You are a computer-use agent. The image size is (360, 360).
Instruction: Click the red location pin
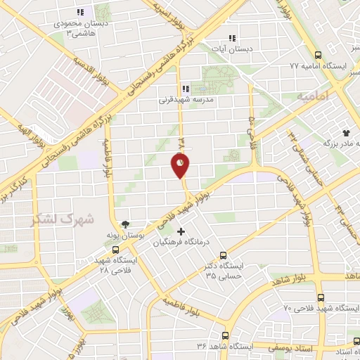point(180,165)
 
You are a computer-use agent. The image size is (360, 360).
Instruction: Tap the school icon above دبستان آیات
point(232,39)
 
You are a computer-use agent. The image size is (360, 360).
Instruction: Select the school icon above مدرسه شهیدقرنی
point(185,89)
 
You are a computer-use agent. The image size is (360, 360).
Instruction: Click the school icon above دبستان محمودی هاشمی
point(79,12)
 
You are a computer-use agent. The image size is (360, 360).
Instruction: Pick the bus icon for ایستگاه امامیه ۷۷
point(319,55)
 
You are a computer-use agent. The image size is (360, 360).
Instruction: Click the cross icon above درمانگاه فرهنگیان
point(181,231)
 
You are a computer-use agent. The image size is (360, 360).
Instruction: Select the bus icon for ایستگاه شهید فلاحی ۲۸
point(115,250)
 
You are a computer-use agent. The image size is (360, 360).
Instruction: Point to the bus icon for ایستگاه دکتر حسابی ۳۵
point(224,255)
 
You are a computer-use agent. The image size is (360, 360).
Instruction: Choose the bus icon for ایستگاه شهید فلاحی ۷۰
point(321,298)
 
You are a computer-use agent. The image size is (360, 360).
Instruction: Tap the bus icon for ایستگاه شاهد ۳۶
point(225,336)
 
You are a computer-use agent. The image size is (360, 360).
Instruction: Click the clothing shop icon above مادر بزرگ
point(346,132)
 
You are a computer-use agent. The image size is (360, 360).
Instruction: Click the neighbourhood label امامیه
point(312,95)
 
